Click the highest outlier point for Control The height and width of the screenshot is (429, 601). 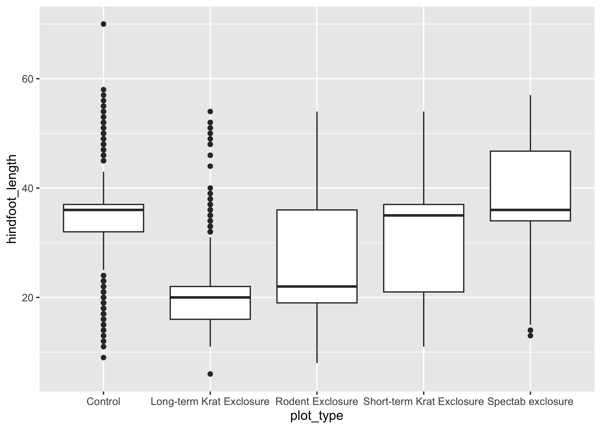[x=103, y=24]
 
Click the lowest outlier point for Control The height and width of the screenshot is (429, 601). [x=103, y=357]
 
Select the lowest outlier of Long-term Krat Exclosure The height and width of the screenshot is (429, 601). [x=210, y=374]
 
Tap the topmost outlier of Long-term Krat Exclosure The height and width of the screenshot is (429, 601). [x=210, y=112]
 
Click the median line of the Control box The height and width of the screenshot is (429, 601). [x=103, y=210]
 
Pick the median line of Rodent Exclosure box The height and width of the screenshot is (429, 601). [x=317, y=286]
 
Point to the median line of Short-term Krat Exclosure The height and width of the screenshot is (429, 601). [x=424, y=215]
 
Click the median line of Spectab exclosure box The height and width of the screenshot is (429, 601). [x=530, y=210]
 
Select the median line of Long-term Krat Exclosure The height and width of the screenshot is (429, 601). [x=210, y=297]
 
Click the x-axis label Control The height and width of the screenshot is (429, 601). [x=103, y=402]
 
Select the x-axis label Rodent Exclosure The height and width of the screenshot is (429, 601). [x=317, y=402]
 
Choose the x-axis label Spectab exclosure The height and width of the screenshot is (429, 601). [x=530, y=402]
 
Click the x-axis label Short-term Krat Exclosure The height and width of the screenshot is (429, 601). [x=424, y=402]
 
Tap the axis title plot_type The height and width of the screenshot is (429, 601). [x=317, y=416]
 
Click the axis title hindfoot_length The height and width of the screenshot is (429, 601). [x=12, y=199]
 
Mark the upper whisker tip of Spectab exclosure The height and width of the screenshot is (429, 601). [x=530, y=95]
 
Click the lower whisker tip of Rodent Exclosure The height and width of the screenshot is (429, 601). [x=317, y=363]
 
